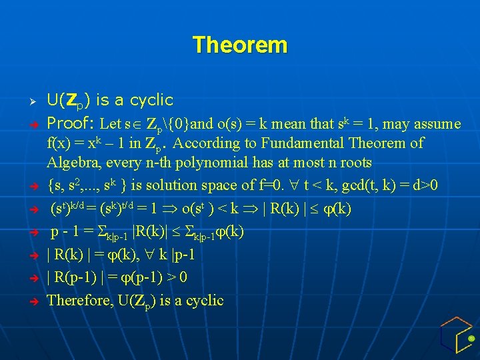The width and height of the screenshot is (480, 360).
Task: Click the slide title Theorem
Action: click(240, 45)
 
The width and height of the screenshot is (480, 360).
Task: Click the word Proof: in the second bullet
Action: click(71, 124)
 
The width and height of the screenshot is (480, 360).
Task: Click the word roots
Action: click(353, 163)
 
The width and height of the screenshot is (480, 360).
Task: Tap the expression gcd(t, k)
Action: click(358, 185)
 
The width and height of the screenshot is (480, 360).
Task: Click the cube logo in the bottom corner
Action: click(456, 335)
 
